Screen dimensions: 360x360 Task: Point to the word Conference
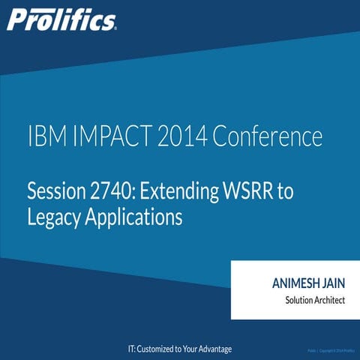tap(268, 139)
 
